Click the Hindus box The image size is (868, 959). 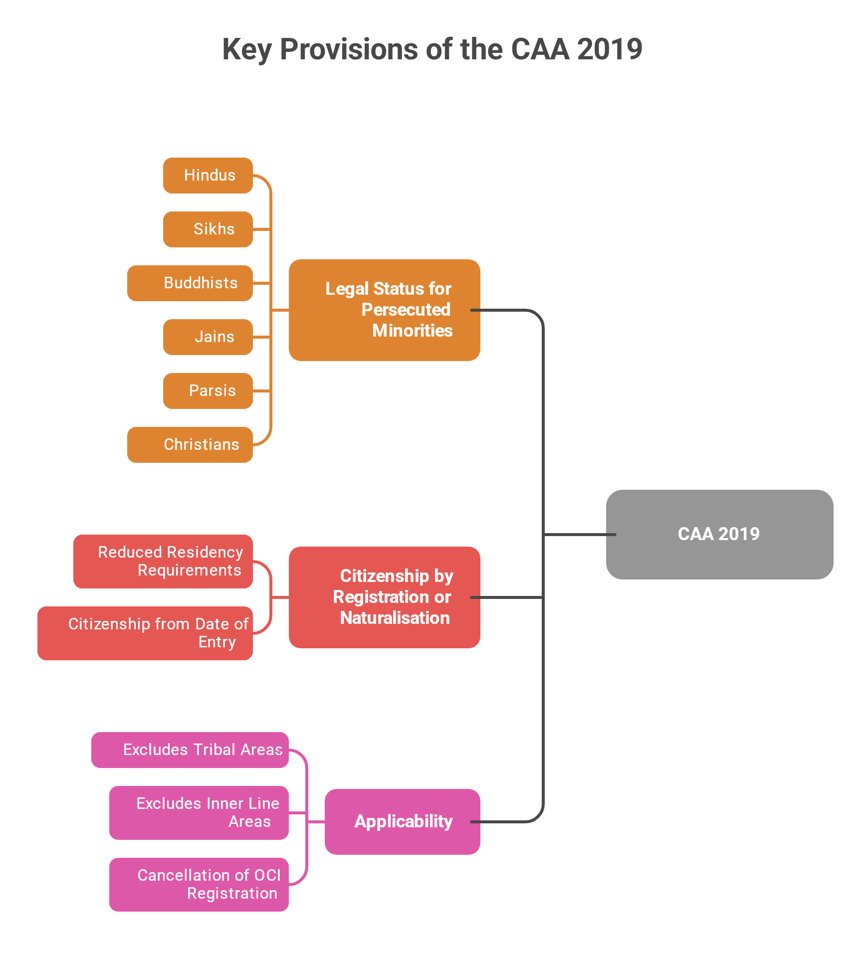pyautogui.click(x=208, y=176)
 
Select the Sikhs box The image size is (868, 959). pyautogui.click(x=208, y=229)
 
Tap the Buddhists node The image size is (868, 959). pyautogui.click(x=190, y=283)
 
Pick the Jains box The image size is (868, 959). pyautogui.click(x=208, y=337)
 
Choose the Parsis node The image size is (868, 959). pyautogui.click(x=208, y=391)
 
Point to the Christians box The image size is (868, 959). pyautogui.click(x=190, y=445)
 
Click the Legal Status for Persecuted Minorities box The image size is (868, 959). pyautogui.click(x=384, y=310)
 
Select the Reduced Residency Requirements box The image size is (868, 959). pyautogui.click(x=163, y=562)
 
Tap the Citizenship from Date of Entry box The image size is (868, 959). pyautogui.click(x=145, y=633)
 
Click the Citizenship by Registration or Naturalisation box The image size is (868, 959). pyautogui.click(x=384, y=597)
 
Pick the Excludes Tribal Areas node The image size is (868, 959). pyautogui.click(x=190, y=750)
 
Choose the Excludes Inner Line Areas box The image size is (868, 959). pyautogui.click(x=199, y=813)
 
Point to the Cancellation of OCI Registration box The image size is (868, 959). pyautogui.click(x=199, y=885)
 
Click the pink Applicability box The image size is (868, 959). pyautogui.click(x=403, y=822)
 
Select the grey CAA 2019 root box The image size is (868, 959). pyautogui.click(x=719, y=535)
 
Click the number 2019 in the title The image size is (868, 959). pyautogui.click(x=610, y=49)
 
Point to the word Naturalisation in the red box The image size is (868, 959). pyautogui.click(x=395, y=618)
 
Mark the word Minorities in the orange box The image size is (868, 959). pyautogui.click(x=412, y=331)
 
